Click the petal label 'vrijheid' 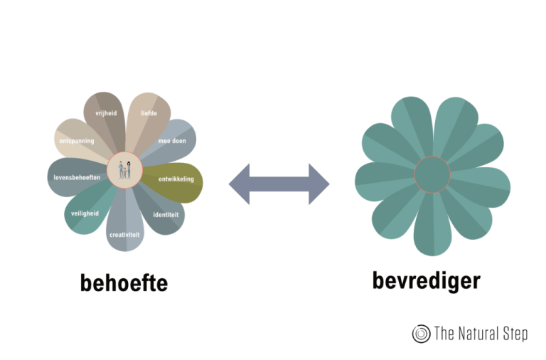106,112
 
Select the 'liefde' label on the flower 149,113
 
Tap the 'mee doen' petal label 172,141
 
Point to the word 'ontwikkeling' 176,179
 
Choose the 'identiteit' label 166,213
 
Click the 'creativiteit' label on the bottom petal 124,234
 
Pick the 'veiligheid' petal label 85,213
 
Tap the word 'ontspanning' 77,141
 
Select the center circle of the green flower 432,174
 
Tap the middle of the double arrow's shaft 279,184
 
